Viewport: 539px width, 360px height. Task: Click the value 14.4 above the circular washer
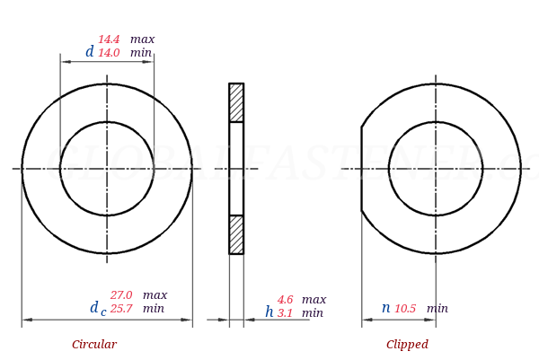point(109,40)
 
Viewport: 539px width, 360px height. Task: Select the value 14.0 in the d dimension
point(109,53)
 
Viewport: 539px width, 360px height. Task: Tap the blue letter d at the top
point(89,52)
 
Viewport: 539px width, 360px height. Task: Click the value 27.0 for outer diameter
point(121,295)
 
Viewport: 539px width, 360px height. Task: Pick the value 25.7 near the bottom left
point(121,309)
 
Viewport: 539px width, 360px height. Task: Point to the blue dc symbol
point(97,309)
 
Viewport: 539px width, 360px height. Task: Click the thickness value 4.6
point(285,300)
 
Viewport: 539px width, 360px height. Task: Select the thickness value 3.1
point(285,313)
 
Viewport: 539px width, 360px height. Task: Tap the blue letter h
point(269,312)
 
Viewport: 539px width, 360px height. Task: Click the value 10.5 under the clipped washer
point(405,309)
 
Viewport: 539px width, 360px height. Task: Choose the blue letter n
point(385,308)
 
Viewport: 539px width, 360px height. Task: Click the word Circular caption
point(94,345)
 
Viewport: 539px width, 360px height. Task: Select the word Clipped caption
point(407,345)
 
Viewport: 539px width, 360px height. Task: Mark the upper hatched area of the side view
point(236,102)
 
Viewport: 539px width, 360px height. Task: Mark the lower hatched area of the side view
point(236,234)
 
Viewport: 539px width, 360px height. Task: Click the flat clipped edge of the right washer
point(362,169)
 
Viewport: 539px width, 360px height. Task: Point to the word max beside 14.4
point(142,40)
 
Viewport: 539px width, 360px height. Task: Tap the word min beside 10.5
point(437,309)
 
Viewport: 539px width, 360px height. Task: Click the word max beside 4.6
point(314,300)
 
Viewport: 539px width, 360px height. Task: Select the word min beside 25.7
point(154,309)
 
